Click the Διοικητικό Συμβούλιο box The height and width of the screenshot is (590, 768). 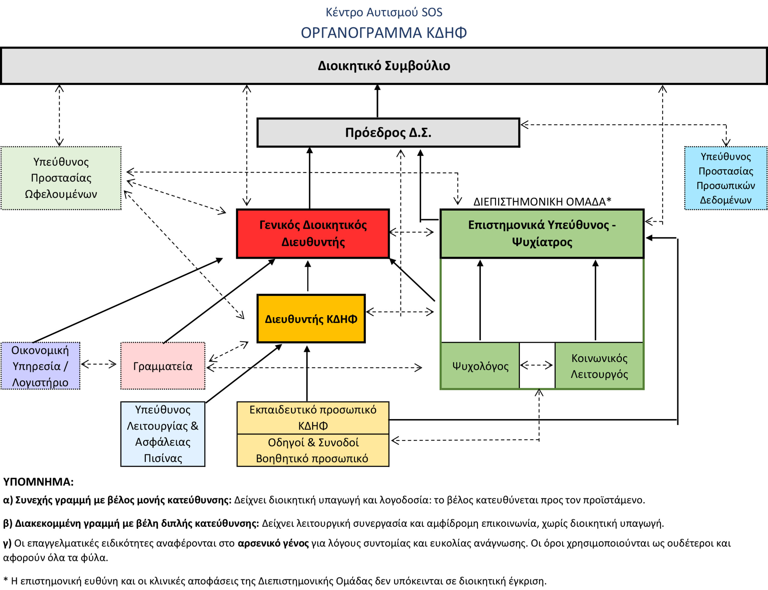coord(383,66)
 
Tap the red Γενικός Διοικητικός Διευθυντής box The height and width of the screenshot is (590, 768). coord(313,234)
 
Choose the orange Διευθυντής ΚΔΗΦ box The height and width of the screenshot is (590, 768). coord(311,319)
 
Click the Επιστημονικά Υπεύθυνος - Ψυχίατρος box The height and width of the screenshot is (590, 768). coord(542,234)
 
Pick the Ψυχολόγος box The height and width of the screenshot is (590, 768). coord(480,366)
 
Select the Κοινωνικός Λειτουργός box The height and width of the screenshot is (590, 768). coord(599,366)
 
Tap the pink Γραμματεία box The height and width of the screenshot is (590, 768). coord(163,366)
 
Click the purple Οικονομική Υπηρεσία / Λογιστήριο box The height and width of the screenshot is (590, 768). coord(40,366)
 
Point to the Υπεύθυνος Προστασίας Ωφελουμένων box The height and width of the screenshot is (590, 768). coord(61,178)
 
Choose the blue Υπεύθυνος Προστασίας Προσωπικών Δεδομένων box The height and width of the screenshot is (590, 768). coord(725,178)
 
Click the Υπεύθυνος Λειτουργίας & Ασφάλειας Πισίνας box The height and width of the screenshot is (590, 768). coord(163,434)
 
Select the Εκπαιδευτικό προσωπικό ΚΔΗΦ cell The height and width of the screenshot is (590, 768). coord(313,418)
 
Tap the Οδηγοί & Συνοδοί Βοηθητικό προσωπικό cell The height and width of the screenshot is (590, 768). coord(313,450)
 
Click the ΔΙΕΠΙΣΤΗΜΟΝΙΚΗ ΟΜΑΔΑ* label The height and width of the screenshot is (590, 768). coord(542,202)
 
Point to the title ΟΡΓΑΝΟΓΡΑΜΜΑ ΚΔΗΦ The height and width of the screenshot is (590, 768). coord(383,33)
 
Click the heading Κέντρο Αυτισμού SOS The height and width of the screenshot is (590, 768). coord(383,12)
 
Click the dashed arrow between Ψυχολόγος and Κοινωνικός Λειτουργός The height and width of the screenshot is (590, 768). coord(537,365)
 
